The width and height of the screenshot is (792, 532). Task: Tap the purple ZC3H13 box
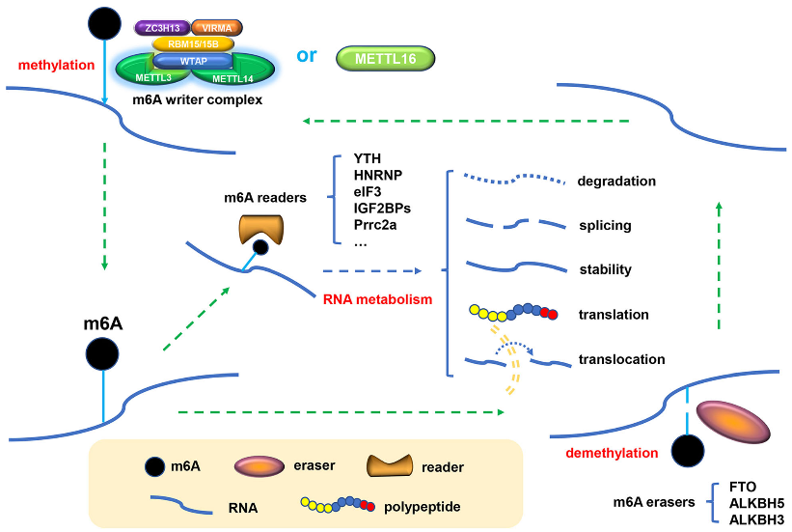159,29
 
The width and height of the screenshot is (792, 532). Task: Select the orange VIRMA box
218,29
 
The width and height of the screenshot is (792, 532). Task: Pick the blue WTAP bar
192,60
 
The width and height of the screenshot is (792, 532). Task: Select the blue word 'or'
307,55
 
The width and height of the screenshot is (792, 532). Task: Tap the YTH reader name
369,158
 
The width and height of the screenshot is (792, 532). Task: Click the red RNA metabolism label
377,299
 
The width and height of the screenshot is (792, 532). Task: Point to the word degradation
616,181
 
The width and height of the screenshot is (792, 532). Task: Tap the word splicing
605,225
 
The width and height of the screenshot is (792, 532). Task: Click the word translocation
621,359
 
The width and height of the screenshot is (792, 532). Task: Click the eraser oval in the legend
260,466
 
